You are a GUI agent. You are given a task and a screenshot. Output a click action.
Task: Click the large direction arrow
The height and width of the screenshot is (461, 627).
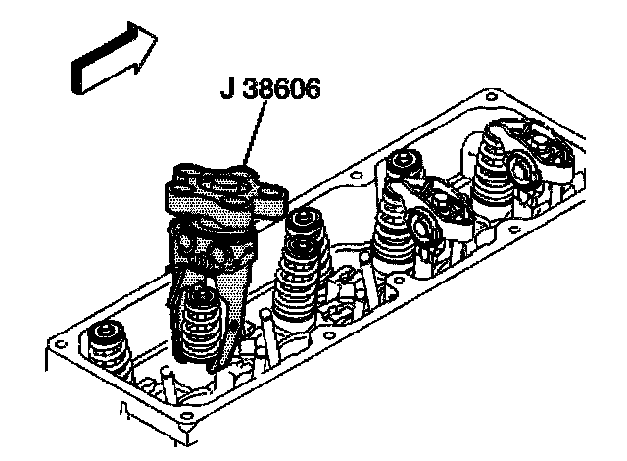point(110,61)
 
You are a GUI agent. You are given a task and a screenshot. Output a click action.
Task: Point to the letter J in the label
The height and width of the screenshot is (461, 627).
point(226,96)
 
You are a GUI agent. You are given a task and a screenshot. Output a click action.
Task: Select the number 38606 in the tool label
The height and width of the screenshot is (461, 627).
point(283,96)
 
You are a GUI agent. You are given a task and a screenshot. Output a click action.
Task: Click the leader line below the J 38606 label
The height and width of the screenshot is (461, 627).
point(254,137)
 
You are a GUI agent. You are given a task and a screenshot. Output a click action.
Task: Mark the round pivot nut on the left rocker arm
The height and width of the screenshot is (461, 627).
point(427,227)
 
